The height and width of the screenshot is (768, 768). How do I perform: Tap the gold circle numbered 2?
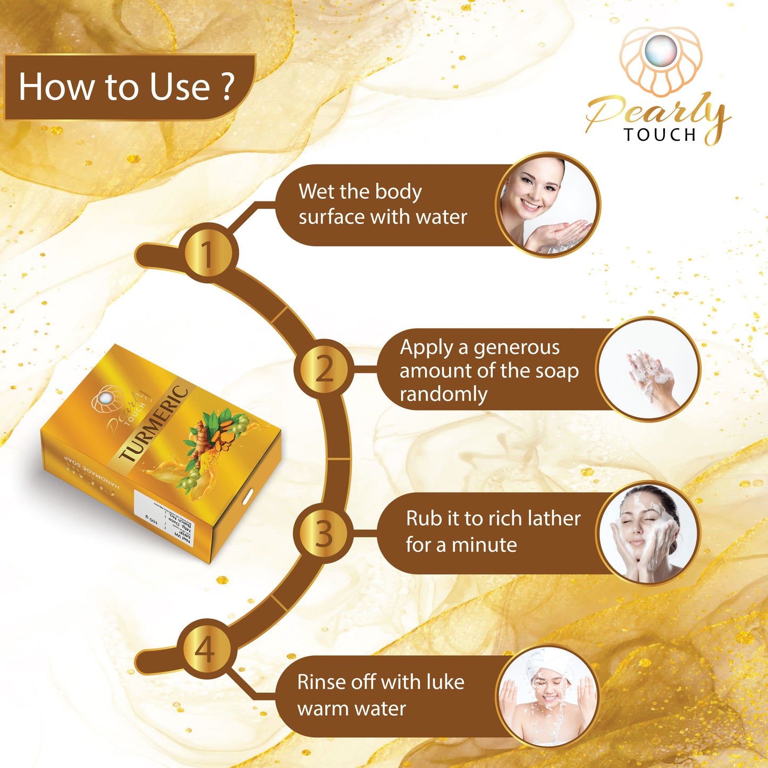click(x=324, y=368)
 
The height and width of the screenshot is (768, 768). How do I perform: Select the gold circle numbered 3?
click(x=324, y=533)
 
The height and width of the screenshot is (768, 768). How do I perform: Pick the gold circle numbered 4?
click(x=206, y=649)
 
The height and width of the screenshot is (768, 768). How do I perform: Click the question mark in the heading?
click(x=227, y=87)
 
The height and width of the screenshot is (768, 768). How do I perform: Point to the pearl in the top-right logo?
click(x=661, y=51)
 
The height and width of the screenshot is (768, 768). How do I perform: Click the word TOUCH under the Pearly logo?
click(x=660, y=135)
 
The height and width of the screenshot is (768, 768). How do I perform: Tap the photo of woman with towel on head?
click(x=547, y=696)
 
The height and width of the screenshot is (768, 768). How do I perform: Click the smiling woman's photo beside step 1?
click(x=548, y=205)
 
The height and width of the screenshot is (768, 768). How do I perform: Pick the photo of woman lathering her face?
click(x=647, y=533)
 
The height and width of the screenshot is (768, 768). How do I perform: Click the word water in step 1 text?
click(x=442, y=217)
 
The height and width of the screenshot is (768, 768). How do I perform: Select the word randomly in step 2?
click(x=443, y=394)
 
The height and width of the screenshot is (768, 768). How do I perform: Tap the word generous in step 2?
click(x=516, y=348)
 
